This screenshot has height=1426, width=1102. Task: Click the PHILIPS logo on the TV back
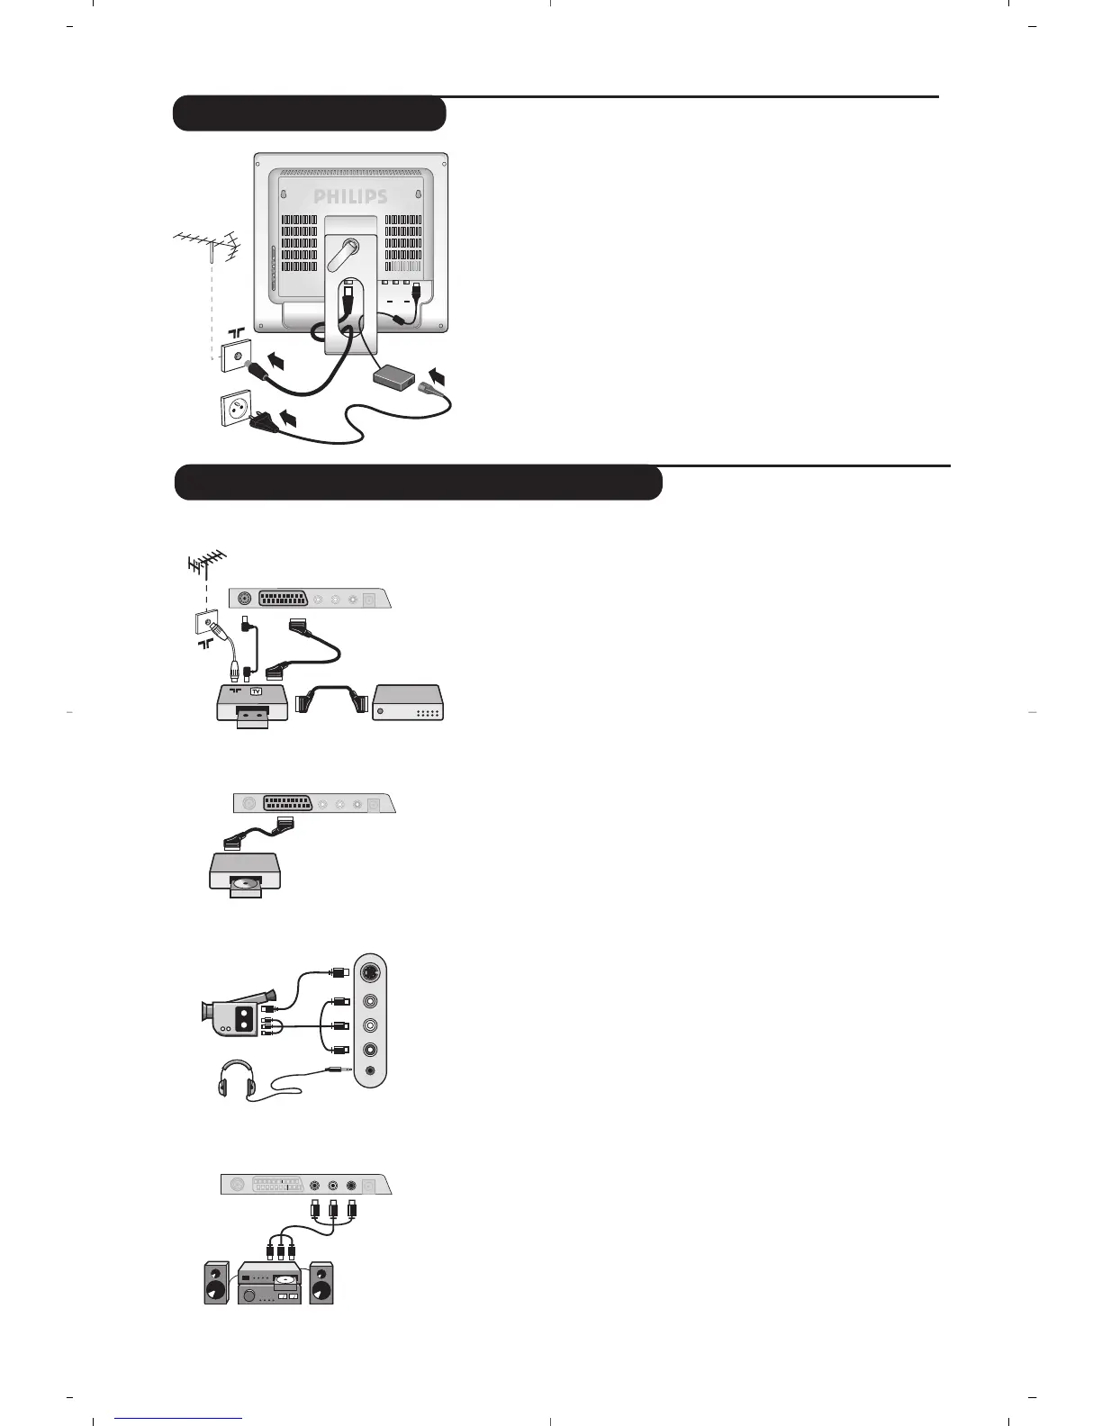pos(350,196)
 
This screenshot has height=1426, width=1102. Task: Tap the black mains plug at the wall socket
pos(264,418)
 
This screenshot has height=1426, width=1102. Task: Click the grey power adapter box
pos(397,377)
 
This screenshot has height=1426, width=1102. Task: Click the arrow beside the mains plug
pos(289,417)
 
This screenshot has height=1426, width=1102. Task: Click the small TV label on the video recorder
pos(255,691)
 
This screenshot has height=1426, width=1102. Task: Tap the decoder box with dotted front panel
pos(409,702)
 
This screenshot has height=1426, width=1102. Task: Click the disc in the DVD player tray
pos(244,885)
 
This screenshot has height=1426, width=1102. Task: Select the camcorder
pos(236,1014)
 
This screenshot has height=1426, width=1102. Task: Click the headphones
pos(236,1077)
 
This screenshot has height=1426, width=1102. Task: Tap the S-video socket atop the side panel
pos(370,973)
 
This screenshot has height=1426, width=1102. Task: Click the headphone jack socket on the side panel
pos(370,1070)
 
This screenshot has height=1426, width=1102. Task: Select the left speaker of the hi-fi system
pos(216,1284)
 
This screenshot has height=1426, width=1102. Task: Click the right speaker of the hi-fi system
pos(321,1284)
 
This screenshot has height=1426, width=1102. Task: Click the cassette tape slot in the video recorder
pos(254,715)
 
